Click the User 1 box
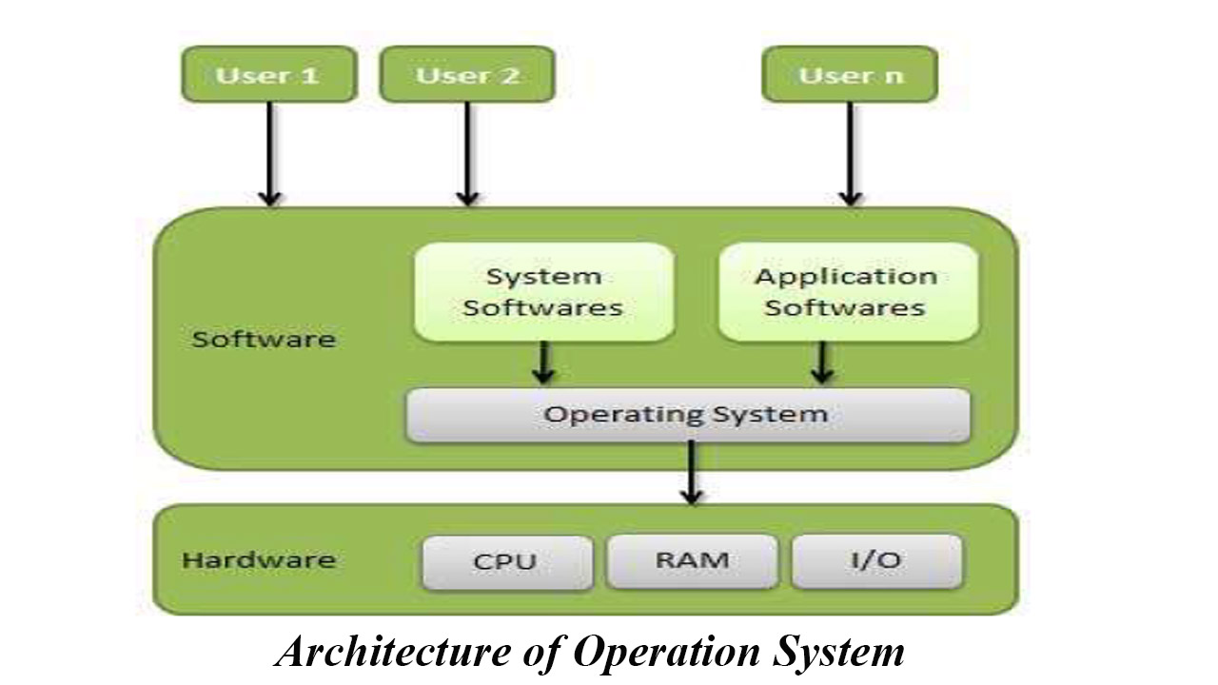click(x=268, y=74)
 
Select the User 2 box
click(x=467, y=74)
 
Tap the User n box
click(x=850, y=74)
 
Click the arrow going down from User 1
click(x=270, y=152)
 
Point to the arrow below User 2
click(x=467, y=152)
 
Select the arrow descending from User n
click(x=850, y=152)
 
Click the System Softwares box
click(x=543, y=292)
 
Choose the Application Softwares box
click(x=847, y=292)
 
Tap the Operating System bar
click(x=687, y=415)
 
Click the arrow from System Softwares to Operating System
click(x=543, y=362)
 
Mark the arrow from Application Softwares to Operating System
click(x=822, y=362)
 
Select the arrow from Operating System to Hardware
click(x=692, y=472)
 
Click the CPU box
click(x=504, y=561)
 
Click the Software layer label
click(x=264, y=340)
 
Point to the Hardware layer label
click(x=259, y=559)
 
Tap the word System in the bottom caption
click(x=838, y=653)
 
